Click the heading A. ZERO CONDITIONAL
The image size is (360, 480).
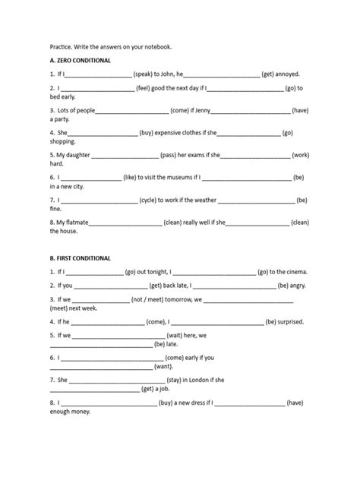81,60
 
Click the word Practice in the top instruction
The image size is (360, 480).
63,46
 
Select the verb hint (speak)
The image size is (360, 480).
147,74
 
